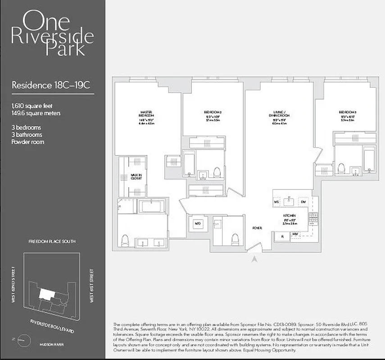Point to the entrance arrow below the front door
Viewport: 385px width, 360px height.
click(x=254, y=259)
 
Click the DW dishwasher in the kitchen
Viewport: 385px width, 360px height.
click(x=303, y=202)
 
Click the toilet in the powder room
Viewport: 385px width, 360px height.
click(x=234, y=238)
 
